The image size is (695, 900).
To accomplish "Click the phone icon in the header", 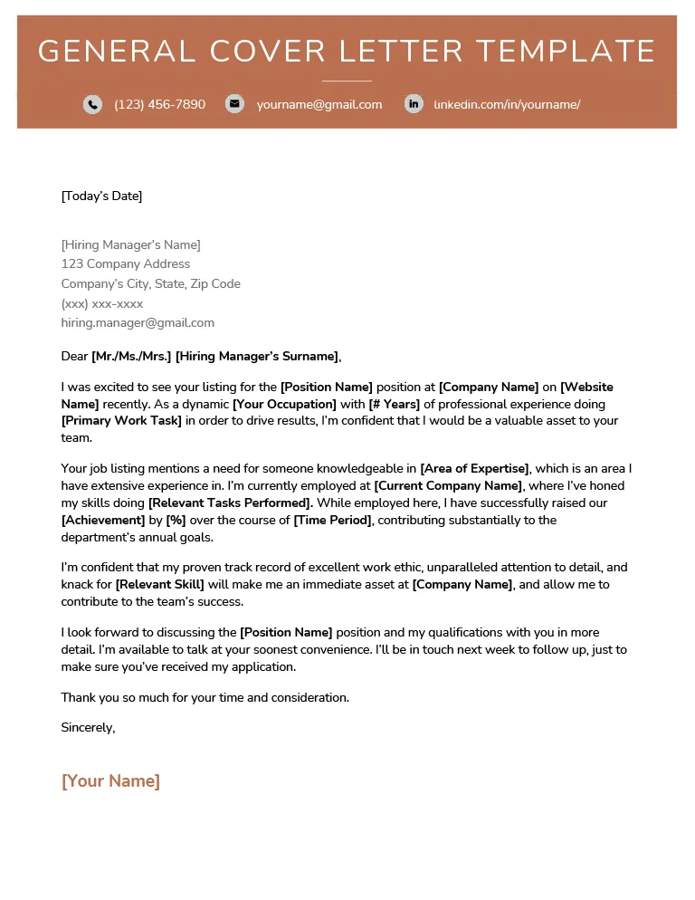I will point(92,104).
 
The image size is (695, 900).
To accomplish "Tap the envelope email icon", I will point(234,104).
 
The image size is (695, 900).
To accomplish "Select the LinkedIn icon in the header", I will point(414,104).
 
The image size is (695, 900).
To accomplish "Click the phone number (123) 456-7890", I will point(159,104).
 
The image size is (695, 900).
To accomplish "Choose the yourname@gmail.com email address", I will point(319,104).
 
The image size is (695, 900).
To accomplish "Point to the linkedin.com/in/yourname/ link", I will point(507,104).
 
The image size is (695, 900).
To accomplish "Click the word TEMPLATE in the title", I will point(566,51).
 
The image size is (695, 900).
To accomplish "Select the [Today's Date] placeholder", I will point(101,196).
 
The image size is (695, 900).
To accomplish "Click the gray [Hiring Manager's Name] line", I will point(130,244).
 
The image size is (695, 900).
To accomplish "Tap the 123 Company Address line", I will point(125,264).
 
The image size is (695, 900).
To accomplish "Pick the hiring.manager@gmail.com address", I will point(138,322).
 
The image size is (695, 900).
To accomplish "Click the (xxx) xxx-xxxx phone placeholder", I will point(101,303).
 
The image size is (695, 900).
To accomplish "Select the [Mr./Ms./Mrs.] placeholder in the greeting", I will point(131,356).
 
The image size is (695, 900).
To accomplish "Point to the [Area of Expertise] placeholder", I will point(475,468).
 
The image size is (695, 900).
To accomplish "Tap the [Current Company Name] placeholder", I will point(448,485).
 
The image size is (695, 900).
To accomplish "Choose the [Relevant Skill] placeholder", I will point(159,585).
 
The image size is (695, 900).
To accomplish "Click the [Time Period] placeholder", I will point(332,520).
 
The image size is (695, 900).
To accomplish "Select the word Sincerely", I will point(88,727).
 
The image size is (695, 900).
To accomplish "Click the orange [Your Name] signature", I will point(110,780).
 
